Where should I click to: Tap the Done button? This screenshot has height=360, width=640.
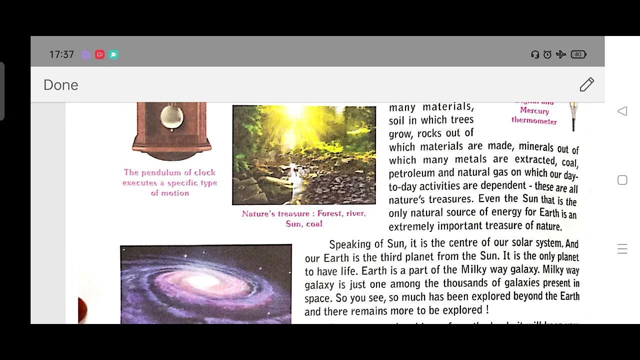60,85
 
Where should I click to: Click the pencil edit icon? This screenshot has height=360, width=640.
586,84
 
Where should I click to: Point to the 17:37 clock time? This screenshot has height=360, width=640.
61,54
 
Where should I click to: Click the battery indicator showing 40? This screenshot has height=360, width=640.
578,54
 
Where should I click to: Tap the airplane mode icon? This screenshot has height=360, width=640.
561,54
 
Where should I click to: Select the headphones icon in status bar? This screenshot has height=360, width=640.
535,54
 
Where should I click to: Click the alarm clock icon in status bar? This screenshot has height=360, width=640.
547,54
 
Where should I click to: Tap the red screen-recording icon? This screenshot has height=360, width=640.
99,54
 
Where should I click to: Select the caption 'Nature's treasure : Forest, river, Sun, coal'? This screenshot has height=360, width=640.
303,218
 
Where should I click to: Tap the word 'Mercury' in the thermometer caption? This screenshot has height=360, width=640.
534,111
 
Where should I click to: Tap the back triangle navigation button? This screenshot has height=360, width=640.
622,111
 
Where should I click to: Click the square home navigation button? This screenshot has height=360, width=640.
622,180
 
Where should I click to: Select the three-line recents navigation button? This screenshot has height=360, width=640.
622,249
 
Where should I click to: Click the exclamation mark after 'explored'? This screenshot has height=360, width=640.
486,310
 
